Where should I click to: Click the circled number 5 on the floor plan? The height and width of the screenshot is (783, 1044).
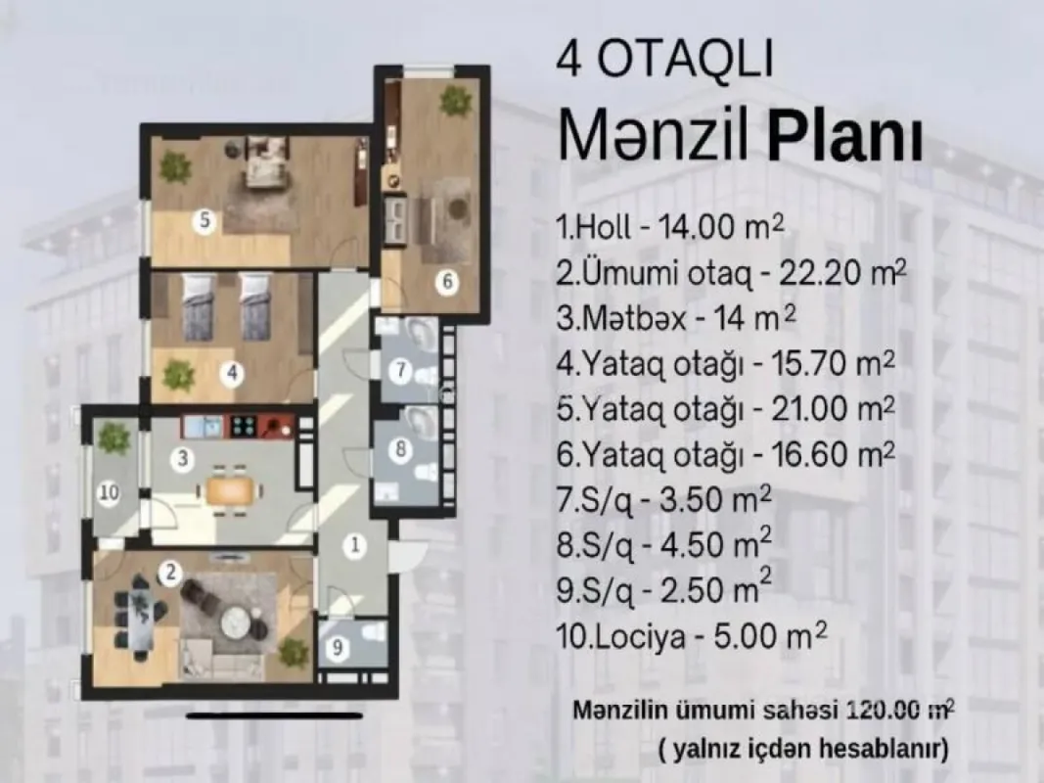204,220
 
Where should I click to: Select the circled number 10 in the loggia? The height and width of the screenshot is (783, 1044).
110,493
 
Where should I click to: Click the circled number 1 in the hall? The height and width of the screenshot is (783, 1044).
357,544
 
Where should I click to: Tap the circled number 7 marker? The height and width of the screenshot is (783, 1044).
399,370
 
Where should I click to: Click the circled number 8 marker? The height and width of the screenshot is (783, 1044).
399,451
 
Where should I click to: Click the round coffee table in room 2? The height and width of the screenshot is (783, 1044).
236,620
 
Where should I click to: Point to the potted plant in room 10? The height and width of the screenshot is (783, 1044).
114,438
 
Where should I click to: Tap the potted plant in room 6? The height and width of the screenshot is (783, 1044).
454,100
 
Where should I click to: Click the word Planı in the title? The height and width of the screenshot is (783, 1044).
844,140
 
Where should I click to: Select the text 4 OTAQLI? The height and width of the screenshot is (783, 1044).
664,60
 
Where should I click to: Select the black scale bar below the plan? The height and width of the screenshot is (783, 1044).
260,715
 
